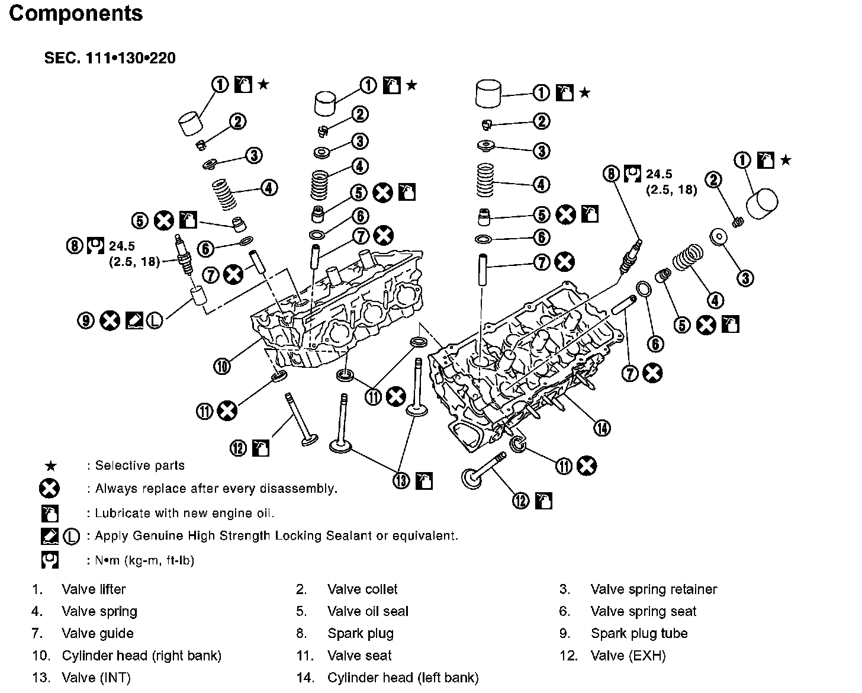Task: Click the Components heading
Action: (76, 13)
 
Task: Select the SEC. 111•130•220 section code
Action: (110, 58)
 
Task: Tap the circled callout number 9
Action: (86, 321)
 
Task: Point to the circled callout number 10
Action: (222, 367)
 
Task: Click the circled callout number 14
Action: (602, 428)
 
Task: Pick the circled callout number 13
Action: (401, 480)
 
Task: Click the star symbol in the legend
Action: (51, 466)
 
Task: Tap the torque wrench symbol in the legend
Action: (49, 560)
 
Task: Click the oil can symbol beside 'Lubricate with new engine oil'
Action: (49, 513)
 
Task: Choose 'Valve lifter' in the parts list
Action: (94, 589)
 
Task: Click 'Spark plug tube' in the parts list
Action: (639, 633)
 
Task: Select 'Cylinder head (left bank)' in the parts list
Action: (403, 678)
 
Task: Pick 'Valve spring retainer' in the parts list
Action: (654, 589)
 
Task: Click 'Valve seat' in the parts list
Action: (359, 656)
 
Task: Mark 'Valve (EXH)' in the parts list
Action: (628, 656)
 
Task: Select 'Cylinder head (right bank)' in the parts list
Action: (141, 656)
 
